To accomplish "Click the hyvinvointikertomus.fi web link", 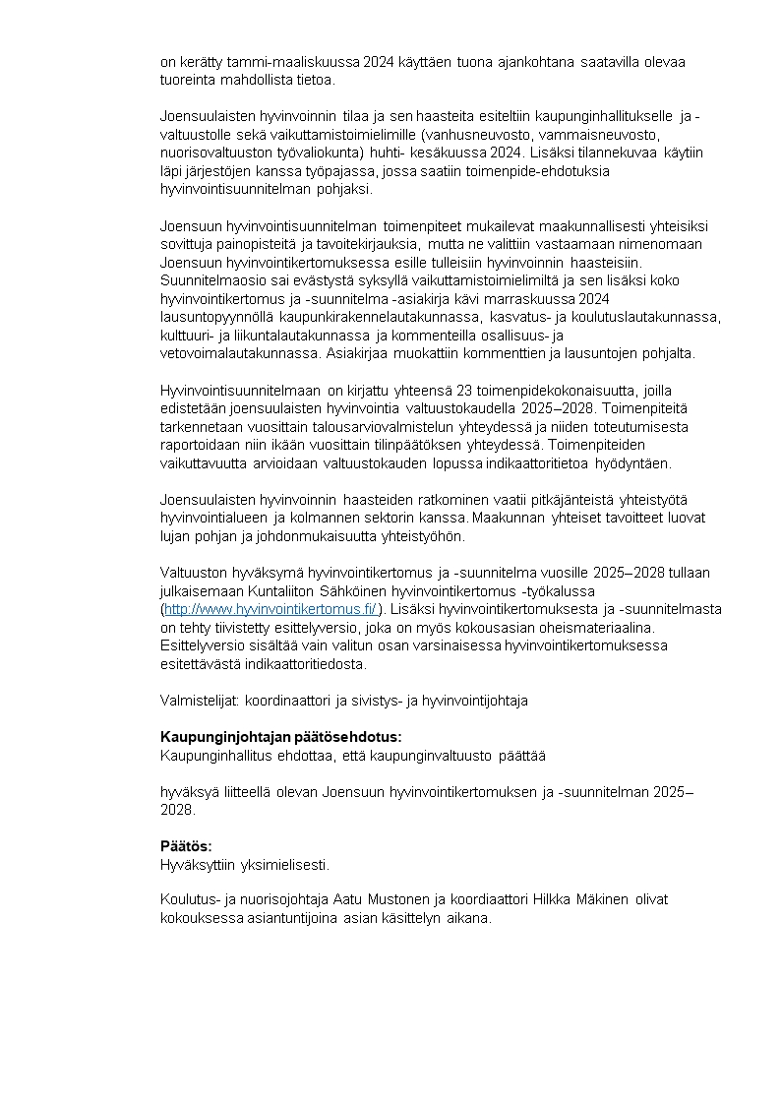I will pyautogui.click(x=270, y=610).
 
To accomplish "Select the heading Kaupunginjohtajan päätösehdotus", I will pyautogui.click(x=280, y=737).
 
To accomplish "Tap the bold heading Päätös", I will pyautogui.click(x=186, y=846).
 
